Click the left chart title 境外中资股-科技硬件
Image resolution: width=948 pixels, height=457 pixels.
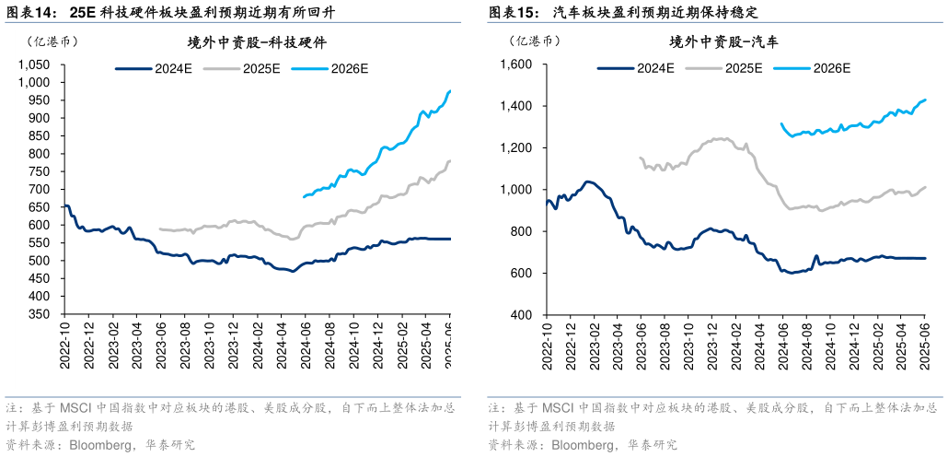click(257, 42)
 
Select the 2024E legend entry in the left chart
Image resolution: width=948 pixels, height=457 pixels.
click(171, 68)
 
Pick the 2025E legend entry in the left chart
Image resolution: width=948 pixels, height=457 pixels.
click(261, 68)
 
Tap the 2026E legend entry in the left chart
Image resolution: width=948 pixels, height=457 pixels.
click(350, 68)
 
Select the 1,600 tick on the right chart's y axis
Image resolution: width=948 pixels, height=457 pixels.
click(514, 64)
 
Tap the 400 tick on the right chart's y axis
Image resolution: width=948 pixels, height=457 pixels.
click(521, 314)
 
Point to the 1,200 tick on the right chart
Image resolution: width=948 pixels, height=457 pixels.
click(514, 147)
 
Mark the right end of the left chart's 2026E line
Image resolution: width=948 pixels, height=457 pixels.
click(450, 90)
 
